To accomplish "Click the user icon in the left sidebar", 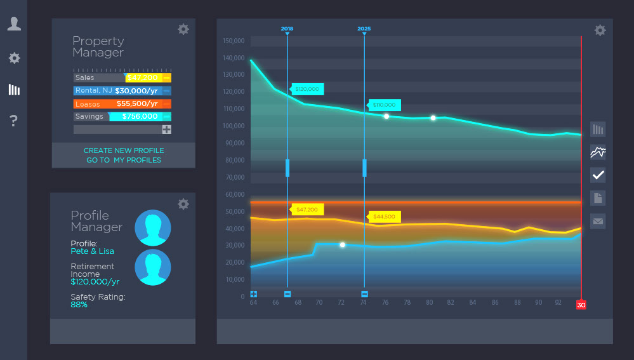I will (x=14, y=24).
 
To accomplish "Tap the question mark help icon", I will (x=14, y=121).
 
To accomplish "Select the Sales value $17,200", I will (x=142, y=77).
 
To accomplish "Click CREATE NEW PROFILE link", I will (x=124, y=150).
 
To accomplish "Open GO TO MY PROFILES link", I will (x=124, y=160).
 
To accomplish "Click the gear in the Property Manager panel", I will (x=183, y=29).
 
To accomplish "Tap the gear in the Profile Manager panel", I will (x=183, y=204).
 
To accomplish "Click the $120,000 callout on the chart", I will (x=308, y=90).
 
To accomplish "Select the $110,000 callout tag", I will (x=384, y=105).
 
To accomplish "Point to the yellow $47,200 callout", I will (x=308, y=209).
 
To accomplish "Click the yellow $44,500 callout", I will (x=384, y=217).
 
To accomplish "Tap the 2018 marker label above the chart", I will (x=287, y=29).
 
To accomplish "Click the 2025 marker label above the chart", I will (x=364, y=29).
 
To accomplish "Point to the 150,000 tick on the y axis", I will (x=234, y=41).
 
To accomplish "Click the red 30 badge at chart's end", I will (x=581, y=305).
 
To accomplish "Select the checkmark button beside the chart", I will (x=598, y=175).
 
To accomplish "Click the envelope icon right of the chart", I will (x=598, y=221).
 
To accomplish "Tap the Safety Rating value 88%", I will (x=79, y=305).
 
